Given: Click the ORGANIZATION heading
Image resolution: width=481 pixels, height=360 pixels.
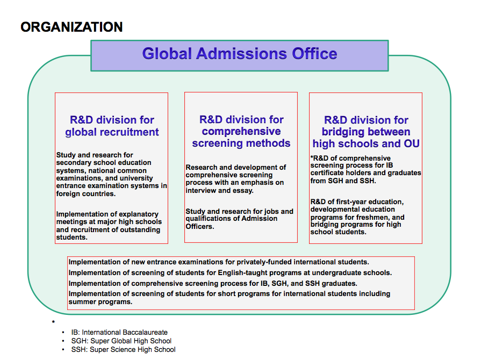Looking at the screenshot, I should click(x=71, y=27).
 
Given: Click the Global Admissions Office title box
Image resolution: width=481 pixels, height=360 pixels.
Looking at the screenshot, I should click(x=239, y=55).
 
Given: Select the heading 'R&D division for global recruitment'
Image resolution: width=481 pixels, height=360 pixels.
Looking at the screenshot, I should click(x=112, y=126).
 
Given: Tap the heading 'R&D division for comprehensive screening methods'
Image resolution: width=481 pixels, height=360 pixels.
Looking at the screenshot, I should click(x=241, y=131).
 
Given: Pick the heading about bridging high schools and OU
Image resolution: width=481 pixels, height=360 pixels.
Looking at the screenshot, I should click(x=366, y=132).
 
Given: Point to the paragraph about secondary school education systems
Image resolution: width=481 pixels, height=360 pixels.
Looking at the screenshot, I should click(x=111, y=174).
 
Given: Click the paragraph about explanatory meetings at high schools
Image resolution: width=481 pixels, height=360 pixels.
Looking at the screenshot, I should click(x=109, y=226).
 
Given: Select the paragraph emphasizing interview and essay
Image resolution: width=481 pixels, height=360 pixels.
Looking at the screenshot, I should click(x=236, y=179).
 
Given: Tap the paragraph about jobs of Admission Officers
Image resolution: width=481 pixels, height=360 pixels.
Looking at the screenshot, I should click(x=239, y=218).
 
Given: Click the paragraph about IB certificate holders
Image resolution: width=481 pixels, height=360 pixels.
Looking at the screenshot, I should click(x=365, y=169).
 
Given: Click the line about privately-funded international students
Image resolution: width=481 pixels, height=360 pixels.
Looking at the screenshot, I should click(x=219, y=262).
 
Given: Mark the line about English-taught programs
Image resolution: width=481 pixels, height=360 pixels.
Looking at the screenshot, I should click(x=230, y=272).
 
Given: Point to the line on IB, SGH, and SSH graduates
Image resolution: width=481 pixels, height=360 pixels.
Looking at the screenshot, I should click(x=213, y=283).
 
